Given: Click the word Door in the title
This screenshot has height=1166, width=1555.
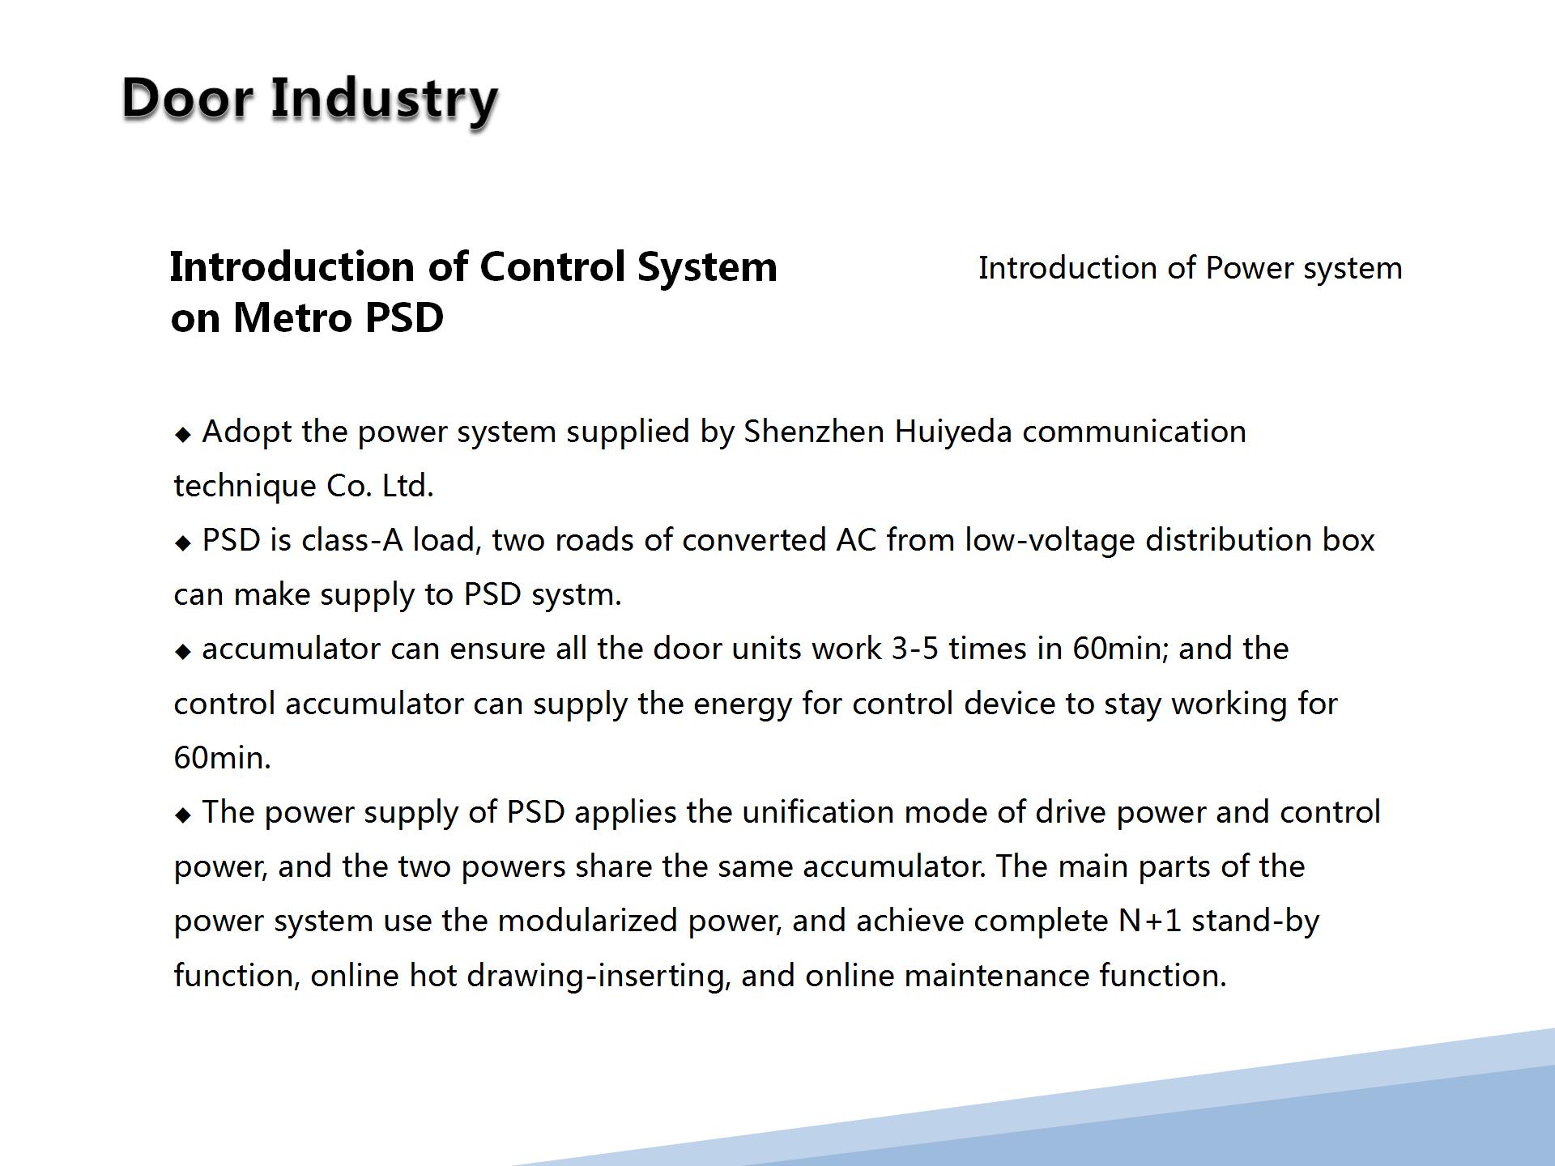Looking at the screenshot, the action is tap(187, 99).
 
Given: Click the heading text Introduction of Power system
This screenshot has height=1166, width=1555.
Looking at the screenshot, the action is tap(1190, 268).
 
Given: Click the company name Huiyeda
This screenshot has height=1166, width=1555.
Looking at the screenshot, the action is tap(953, 433).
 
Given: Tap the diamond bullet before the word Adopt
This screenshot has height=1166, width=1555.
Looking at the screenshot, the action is tap(183, 435).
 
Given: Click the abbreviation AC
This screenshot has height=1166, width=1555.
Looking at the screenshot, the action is tap(856, 540).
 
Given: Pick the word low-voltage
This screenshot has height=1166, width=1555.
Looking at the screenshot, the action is tap(1050, 542).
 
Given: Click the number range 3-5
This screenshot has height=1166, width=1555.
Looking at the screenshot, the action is tap(914, 649).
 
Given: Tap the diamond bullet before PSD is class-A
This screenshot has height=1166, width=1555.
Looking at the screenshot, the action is tap(183, 543).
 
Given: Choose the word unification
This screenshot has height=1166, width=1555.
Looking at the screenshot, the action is tap(818, 812).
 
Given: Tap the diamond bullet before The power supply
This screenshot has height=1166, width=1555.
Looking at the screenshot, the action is tap(183, 815).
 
